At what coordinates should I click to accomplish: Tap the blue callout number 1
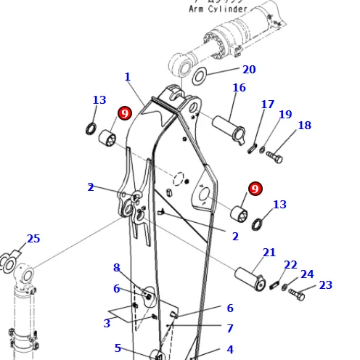[128, 77]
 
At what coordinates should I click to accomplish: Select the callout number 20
[249, 70]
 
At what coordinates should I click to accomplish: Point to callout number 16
[239, 88]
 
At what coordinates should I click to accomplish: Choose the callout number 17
[268, 105]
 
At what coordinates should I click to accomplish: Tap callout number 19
[285, 115]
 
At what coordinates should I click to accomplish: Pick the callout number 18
[304, 126]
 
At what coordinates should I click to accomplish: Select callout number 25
[33, 239]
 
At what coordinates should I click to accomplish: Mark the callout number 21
[269, 253]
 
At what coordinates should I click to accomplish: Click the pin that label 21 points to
[249, 277]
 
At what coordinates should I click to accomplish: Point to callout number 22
[290, 265]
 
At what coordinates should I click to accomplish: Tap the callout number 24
[307, 274]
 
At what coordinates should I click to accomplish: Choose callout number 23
[325, 285]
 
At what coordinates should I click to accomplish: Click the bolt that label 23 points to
[297, 294]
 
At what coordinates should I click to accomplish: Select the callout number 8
[116, 268]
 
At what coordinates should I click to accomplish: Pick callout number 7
[229, 329]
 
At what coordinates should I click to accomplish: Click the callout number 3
[107, 323]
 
